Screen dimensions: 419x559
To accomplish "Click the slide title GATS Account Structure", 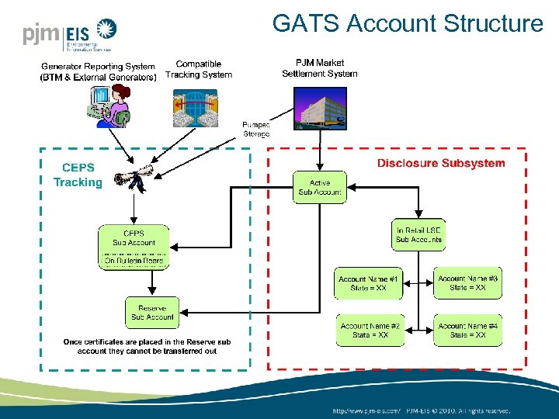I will click(408, 23).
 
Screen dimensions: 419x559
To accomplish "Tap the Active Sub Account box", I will click(320, 187).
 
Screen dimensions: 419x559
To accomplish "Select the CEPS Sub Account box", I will click(134, 248).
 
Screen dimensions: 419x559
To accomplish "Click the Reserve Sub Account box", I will click(152, 312).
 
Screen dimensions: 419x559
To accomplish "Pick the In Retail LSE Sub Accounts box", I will click(418, 234).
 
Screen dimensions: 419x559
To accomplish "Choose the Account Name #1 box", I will click(369, 283).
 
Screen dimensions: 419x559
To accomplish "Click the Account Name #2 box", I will click(370, 331).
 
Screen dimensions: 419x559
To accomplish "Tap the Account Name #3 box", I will click(467, 283).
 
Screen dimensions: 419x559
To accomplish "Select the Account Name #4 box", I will click(467, 331).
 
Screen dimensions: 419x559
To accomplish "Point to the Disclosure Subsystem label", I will click(441, 163).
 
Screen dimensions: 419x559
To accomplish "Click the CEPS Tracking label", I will click(78, 175).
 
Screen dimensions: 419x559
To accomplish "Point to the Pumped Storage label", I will click(256, 129).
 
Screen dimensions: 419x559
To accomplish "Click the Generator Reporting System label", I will click(99, 71).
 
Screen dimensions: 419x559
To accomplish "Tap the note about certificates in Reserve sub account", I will click(147, 346).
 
